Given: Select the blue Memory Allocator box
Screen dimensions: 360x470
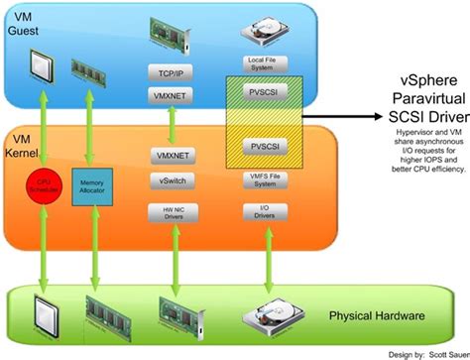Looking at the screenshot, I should (x=92, y=185).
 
